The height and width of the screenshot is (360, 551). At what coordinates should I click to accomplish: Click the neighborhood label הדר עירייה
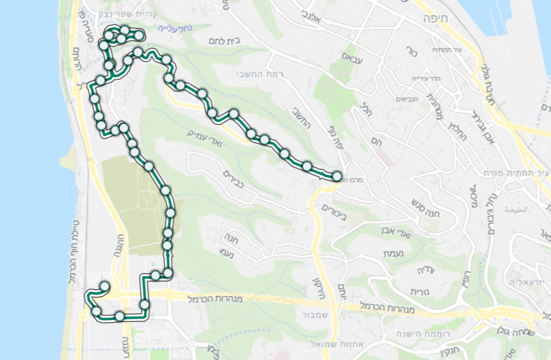coord(423,78)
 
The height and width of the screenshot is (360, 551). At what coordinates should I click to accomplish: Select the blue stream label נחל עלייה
coord(151,29)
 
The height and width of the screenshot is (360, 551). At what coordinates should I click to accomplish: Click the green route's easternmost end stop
coord(336,177)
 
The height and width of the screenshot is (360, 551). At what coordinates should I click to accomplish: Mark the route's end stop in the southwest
coord(104,287)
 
